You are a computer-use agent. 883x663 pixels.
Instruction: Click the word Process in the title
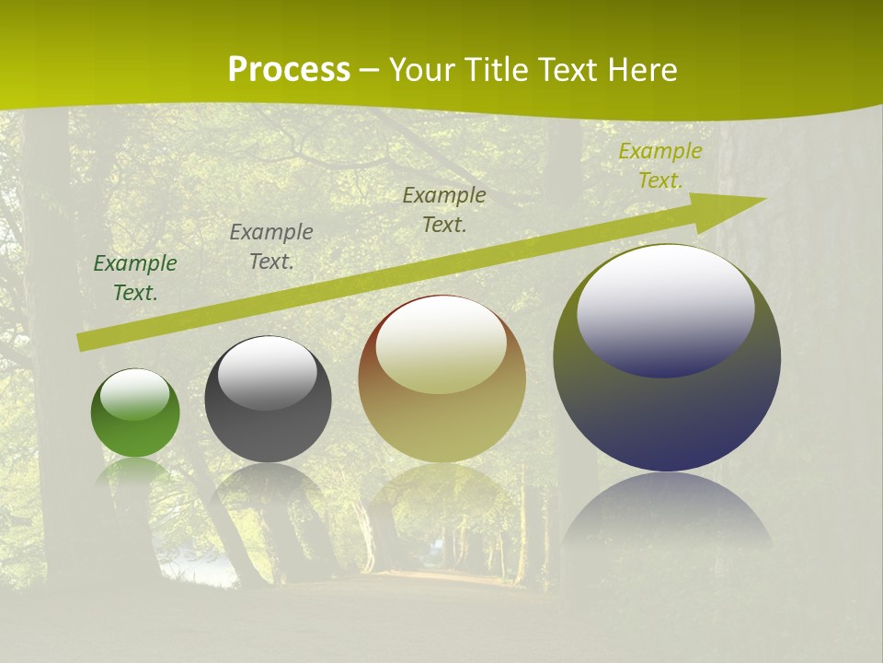coord(289,70)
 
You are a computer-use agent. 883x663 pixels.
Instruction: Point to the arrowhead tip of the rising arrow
coord(763,199)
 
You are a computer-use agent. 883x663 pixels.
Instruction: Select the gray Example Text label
coord(271,247)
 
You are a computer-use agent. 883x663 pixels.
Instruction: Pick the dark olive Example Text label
coord(444,210)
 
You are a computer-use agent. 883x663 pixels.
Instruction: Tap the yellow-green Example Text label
coord(660,166)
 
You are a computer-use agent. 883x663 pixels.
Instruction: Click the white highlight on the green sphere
coord(135,394)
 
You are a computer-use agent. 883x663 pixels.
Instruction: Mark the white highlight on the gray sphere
coord(268,372)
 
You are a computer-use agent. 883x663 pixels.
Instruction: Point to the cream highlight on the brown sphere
coord(441,345)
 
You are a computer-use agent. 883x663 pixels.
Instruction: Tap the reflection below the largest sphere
coord(667,511)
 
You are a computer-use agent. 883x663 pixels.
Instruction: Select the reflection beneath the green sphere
coord(135,471)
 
